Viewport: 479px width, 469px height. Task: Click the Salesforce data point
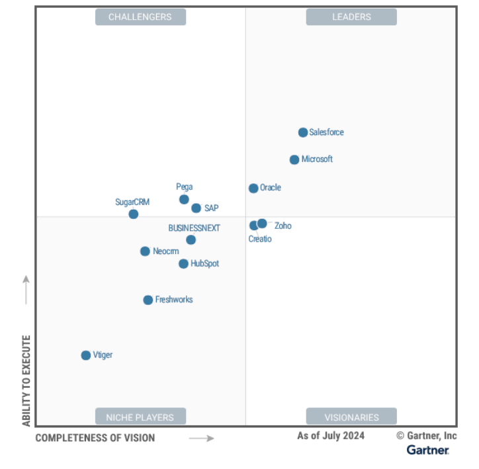pos(303,132)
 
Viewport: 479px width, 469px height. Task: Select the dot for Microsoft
pos(294,159)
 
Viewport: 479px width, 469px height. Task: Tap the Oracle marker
pos(253,189)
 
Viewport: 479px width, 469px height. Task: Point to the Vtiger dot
pos(86,355)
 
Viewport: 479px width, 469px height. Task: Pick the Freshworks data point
pos(148,300)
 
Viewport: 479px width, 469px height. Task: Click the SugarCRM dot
pos(134,214)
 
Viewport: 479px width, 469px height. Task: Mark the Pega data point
pos(184,199)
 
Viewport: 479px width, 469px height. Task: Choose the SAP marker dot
pos(196,208)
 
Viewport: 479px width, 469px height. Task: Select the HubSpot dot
pos(183,264)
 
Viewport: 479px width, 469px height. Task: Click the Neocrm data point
pos(145,251)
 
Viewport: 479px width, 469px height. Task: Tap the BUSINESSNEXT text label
pos(194,228)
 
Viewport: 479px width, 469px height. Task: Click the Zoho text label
pos(283,226)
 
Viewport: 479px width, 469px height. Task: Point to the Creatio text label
pos(260,239)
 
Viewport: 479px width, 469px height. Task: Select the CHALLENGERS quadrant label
pos(140,17)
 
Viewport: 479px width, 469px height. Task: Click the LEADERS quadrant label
pos(351,17)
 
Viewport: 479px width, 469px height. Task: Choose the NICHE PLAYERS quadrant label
pos(140,417)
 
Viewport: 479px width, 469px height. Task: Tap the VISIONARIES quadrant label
pos(351,417)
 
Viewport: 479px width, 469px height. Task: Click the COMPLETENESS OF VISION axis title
pos(95,438)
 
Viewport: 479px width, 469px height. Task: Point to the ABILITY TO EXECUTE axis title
pos(26,380)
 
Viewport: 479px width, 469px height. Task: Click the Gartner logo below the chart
pos(427,450)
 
